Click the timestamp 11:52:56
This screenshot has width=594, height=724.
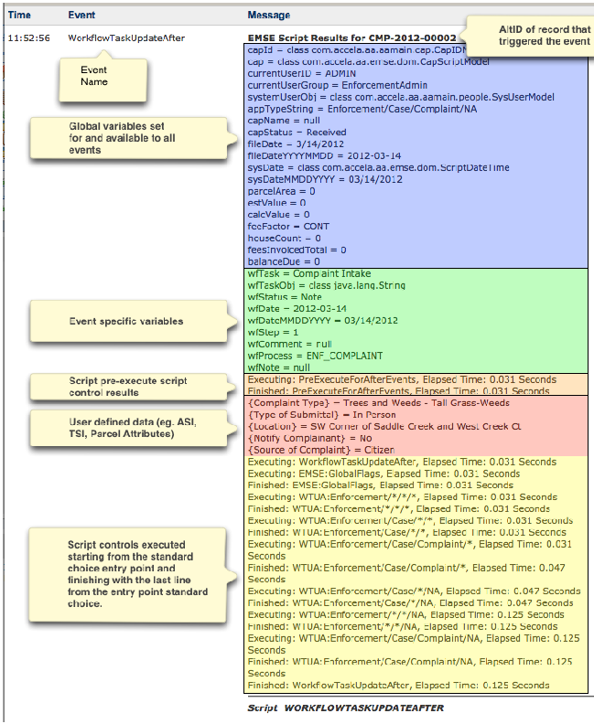pos(27,38)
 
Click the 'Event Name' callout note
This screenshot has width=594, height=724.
pos(92,76)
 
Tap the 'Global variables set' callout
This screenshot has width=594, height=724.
pos(120,136)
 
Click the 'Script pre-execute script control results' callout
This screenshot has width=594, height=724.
pos(120,385)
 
